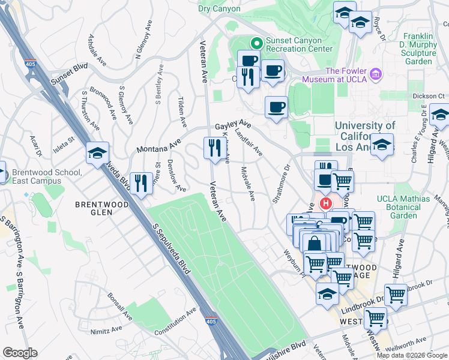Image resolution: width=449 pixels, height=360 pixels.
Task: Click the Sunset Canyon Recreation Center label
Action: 299,43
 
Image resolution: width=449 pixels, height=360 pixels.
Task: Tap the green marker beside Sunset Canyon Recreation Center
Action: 257,43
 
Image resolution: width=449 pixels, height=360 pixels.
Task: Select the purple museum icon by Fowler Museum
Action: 376,74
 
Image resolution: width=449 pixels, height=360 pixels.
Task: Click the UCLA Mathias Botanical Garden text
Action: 403,207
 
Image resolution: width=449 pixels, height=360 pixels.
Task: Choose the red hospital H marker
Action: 326,203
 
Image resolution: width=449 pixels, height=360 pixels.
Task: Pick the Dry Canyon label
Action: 219,8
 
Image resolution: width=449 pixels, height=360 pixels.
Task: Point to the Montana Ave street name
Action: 158,145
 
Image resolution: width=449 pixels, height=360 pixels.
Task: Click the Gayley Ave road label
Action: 233,125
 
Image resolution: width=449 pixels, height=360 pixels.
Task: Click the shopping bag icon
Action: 314,243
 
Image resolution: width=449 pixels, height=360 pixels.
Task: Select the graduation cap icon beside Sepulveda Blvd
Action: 97,153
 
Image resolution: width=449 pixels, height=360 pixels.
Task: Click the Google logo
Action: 20,353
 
